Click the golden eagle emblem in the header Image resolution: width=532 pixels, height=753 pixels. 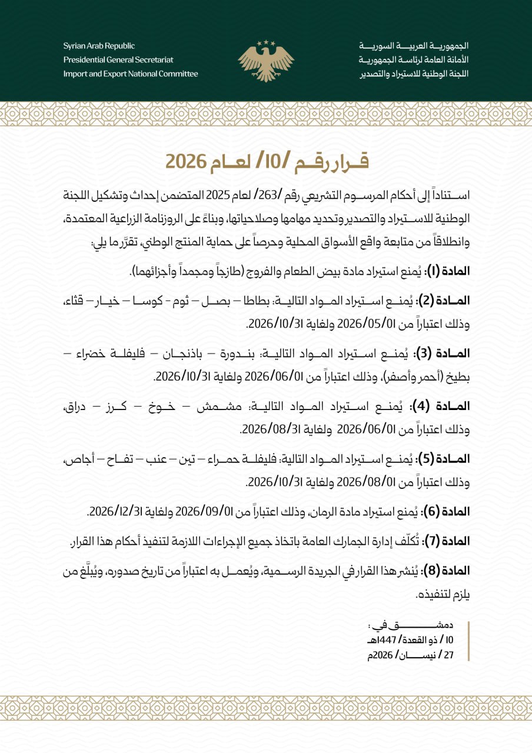266,60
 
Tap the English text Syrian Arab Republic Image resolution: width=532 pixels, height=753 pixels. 99,46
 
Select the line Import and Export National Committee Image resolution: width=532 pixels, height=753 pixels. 131,74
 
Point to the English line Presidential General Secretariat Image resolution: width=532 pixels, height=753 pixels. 118,60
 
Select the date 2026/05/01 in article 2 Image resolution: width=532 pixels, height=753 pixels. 353,324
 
